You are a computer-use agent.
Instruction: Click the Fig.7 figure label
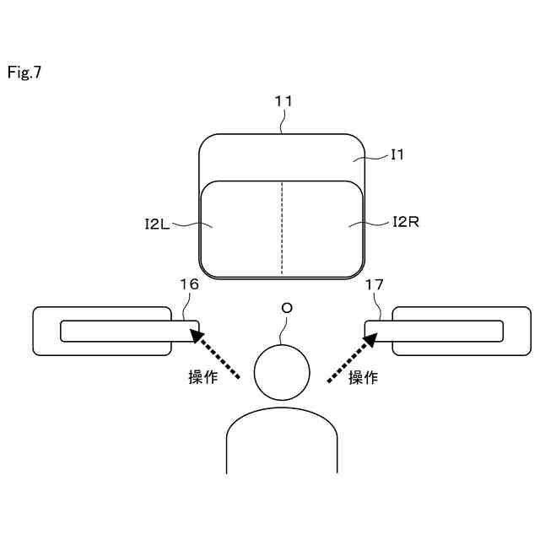coord(24,73)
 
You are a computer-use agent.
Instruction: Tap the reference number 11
coord(283,101)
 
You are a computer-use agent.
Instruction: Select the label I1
coord(397,154)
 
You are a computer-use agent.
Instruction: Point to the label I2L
coord(158,224)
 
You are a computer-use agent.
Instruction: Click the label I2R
coord(406,222)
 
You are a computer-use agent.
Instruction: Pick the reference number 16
coord(190,284)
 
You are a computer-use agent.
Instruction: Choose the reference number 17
coord(375,284)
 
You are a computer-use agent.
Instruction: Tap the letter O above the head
coord(287,309)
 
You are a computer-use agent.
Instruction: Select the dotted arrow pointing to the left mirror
coord(218,356)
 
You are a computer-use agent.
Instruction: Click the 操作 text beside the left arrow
coord(202,378)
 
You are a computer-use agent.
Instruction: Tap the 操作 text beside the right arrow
coord(363,378)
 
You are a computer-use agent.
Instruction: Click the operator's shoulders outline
coord(282,422)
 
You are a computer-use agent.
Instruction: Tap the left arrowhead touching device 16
coord(197,337)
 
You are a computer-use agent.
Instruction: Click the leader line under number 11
coord(283,122)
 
